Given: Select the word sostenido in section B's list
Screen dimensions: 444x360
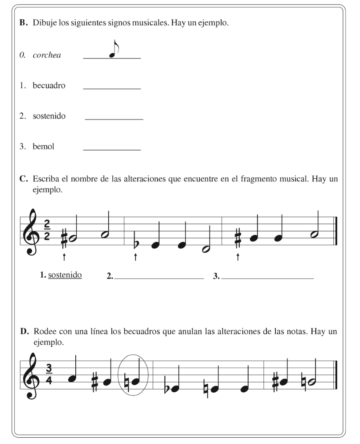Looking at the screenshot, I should [x=49, y=116].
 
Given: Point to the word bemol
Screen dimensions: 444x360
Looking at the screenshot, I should [x=43, y=146].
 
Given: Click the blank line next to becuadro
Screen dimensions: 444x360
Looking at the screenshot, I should [x=112, y=89].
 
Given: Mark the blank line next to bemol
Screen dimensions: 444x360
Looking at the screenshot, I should [x=112, y=149].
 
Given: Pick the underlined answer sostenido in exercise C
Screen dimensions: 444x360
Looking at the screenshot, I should [x=65, y=275].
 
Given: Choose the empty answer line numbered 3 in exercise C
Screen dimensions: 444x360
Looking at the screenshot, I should [x=267, y=277].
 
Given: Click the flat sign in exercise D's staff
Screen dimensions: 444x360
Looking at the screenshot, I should [x=167, y=387].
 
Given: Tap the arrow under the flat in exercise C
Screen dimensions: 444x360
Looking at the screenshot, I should [x=135, y=257].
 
